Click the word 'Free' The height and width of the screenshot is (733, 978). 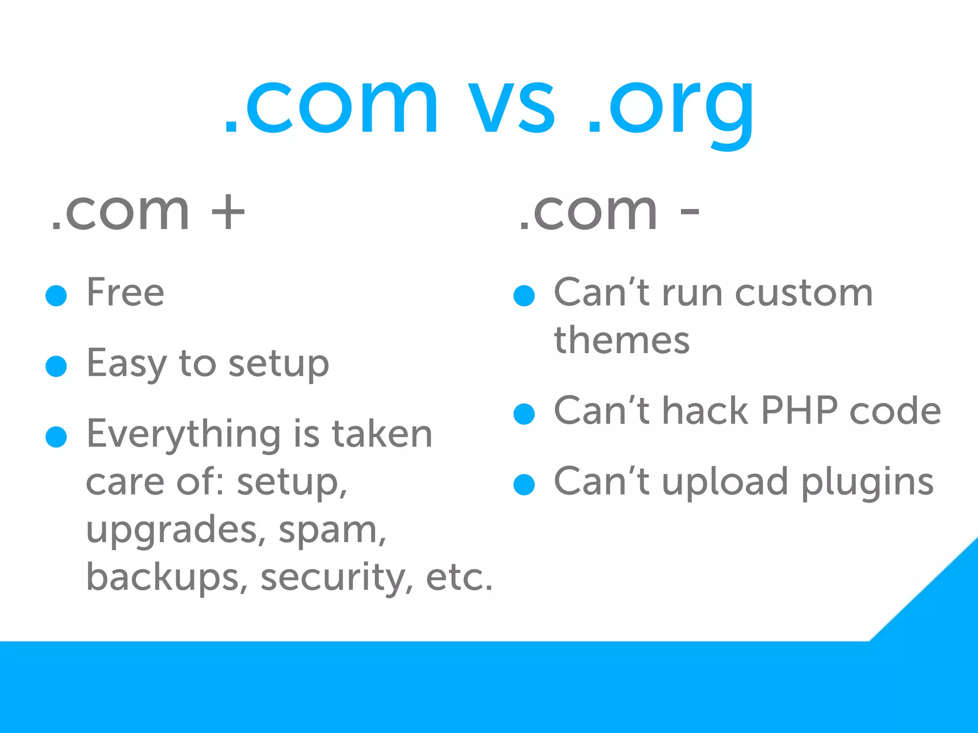click(125, 292)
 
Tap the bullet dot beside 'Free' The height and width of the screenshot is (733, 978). click(56, 295)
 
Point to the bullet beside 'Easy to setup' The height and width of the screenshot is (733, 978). click(56, 366)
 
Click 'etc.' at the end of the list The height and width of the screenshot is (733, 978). click(459, 577)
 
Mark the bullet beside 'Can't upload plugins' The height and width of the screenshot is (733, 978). click(524, 485)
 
